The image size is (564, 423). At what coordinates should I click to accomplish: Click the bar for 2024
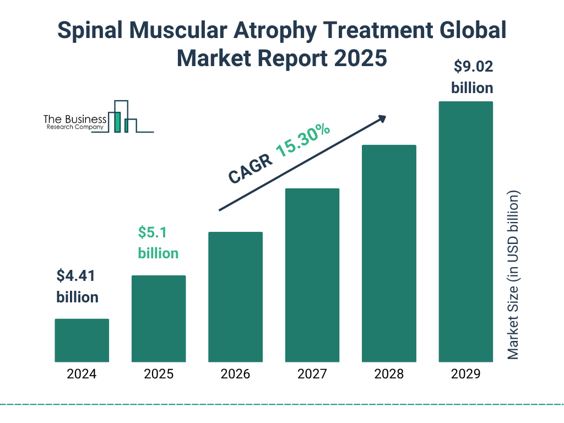click(x=82, y=340)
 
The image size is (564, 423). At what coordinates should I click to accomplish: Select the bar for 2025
click(x=159, y=318)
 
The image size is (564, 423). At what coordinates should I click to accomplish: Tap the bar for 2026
click(x=235, y=297)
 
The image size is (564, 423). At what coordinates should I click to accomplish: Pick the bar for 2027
click(x=312, y=275)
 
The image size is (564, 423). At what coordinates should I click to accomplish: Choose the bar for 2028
click(x=389, y=253)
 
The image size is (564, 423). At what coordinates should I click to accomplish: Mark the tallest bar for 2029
click(x=465, y=231)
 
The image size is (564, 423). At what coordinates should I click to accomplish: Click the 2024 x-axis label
click(x=82, y=375)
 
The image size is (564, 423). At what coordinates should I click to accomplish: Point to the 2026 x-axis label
click(x=235, y=375)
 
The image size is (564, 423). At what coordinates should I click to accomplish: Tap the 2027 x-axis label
click(x=312, y=375)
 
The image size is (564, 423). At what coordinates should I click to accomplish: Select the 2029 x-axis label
click(x=465, y=375)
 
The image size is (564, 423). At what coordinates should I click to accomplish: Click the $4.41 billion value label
click(x=78, y=286)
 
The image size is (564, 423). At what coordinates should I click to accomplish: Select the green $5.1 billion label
click(x=158, y=242)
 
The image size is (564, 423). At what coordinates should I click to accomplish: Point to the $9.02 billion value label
click(x=473, y=78)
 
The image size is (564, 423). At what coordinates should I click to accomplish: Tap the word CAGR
click(x=249, y=169)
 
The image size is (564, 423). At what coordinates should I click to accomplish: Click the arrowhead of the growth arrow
click(x=382, y=118)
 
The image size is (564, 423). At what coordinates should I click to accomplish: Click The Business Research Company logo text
click(x=74, y=122)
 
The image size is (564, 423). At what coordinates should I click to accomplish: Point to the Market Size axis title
click(x=513, y=275)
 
